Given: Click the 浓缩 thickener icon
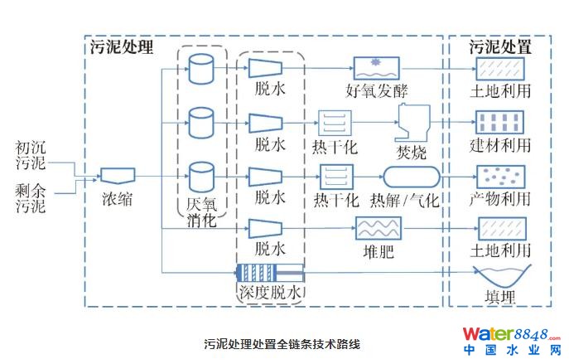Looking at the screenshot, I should pyautogui.click(x=118, y=175).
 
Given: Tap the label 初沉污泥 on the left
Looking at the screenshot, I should pyautogui.click(x=31, y=155).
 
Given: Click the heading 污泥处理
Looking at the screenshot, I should pyautogui.click(x=123, y=46).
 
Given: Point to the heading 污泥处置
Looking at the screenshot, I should pyautogui.click(x=500, y=46).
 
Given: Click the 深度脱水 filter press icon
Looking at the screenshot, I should pyautogui.click(x=270, y=272).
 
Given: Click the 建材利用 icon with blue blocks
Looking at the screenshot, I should pyautogui.click(x=499, y=123).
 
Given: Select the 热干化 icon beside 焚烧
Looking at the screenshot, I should pyautogui.click(x=335, y=124).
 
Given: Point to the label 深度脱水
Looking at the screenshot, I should pyautogui.click(x=271, y=293).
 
